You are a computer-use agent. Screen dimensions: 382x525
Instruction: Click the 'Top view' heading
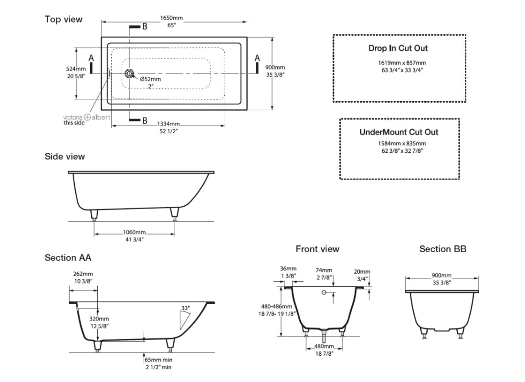pos(63,19)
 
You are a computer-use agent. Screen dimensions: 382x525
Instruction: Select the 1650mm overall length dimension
pos(171,18)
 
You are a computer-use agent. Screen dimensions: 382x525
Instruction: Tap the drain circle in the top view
pos(129,74)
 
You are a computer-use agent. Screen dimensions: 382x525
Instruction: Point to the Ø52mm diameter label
pos(150,79)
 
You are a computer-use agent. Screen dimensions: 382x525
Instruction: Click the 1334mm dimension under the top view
pos(169,124)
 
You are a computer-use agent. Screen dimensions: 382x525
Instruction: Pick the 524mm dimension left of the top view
pos(76,69)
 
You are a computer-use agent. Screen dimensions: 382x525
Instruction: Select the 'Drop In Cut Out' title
pos(398,48)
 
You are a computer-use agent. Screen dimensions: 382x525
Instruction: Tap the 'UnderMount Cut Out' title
pos(399,132)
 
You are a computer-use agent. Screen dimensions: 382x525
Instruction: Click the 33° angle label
pos(185,308)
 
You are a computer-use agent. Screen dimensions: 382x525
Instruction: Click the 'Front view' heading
pos(317,249)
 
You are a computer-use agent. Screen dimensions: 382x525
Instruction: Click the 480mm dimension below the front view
pos(324,347)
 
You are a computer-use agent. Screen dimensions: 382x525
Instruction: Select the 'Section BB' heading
pos(442,249)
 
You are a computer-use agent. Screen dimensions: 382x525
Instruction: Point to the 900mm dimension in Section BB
pos(442,276)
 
